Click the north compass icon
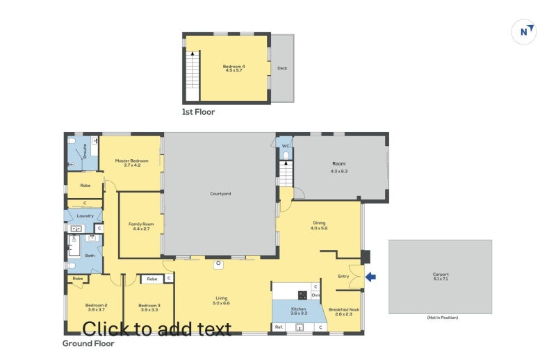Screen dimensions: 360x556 pyautogui.click(x=523, y=31)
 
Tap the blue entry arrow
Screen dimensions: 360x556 pyautogui.click(x=370, y=277)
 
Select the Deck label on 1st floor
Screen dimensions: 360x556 pyautogui.click(x=281, y=68)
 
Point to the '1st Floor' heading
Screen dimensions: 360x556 pyautogui.click(x=198, y=111)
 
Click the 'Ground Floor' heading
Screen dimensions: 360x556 pyautogui.click(x=88, y=343)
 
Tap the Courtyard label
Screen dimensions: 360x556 pyautogui.click(x=220, y=193)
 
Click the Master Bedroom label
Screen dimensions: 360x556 pyautogui.click(x=131, y=161)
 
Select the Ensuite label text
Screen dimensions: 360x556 pyautogui.click(x=85, y=149)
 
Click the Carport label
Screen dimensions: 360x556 pyautogui.click(x=440, y=274)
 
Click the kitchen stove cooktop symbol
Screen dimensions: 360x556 pyautogui.click(x=302, y=295)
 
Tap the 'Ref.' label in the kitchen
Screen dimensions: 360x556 pyautogui.click(x=279, y=327)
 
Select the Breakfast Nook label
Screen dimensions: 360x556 pyautogui.click(x=344, y=310)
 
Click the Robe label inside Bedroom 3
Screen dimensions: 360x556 pyautogui.click(x=151, y=279)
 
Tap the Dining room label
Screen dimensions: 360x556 pyautogui.click(x=318, y=223)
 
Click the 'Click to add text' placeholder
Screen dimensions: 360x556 pyautogui.click(x=156, y=328)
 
